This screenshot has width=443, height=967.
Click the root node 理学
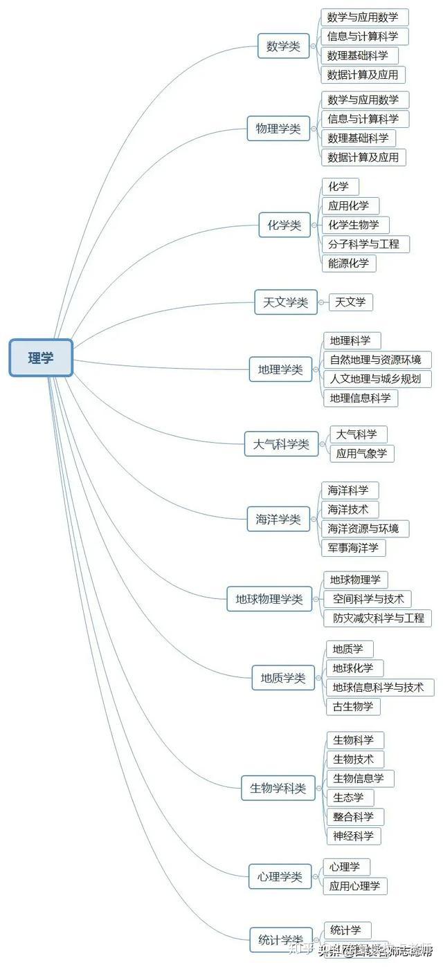coord(41,358)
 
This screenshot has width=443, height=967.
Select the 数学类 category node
coord(283,46)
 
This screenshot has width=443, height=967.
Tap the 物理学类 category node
coord(278,129)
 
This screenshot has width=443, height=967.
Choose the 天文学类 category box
coord(285,302)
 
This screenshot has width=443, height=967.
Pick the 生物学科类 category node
coord(278,788)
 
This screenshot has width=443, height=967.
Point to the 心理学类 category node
coord(280,876)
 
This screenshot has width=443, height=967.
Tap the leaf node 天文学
coord(350,302)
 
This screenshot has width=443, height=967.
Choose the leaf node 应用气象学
coord(361,454)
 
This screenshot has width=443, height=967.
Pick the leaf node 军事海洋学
coord(353,548)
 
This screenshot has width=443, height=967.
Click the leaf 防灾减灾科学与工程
coord(378,618)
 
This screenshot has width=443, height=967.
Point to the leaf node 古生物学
coord(353,706)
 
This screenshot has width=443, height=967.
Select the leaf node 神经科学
coord(353,836)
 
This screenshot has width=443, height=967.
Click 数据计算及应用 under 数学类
coord(363,75)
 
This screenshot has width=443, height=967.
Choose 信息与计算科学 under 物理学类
coord(363,119)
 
